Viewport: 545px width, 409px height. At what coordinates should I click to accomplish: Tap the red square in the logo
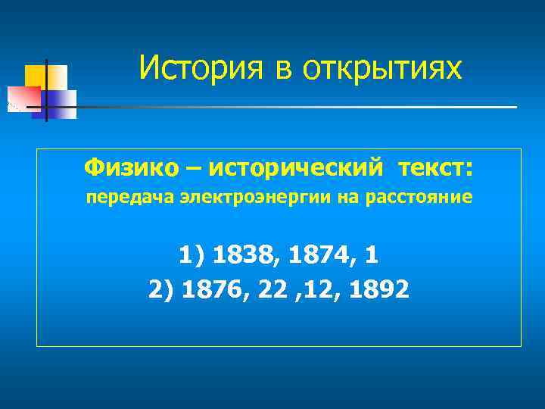point(23,98)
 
